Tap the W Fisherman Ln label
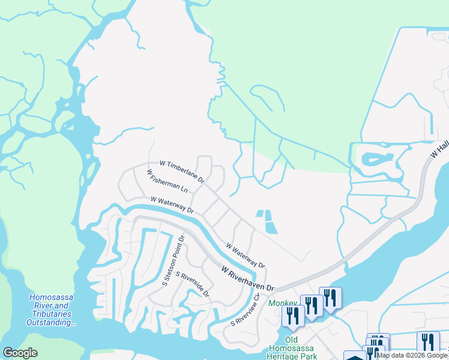[167, 181]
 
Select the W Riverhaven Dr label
[247, 280]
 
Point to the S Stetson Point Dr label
[173, 261]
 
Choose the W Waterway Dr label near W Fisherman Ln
[172, 205]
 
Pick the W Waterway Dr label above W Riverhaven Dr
[245, 255]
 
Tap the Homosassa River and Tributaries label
[49, 310]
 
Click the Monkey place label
[282, 304]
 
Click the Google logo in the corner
[20, 353]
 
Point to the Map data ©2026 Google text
[412, 355]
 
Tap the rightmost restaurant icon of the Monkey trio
[330, 298]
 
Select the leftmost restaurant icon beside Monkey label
[293, 315]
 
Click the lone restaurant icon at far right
[428, 343]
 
